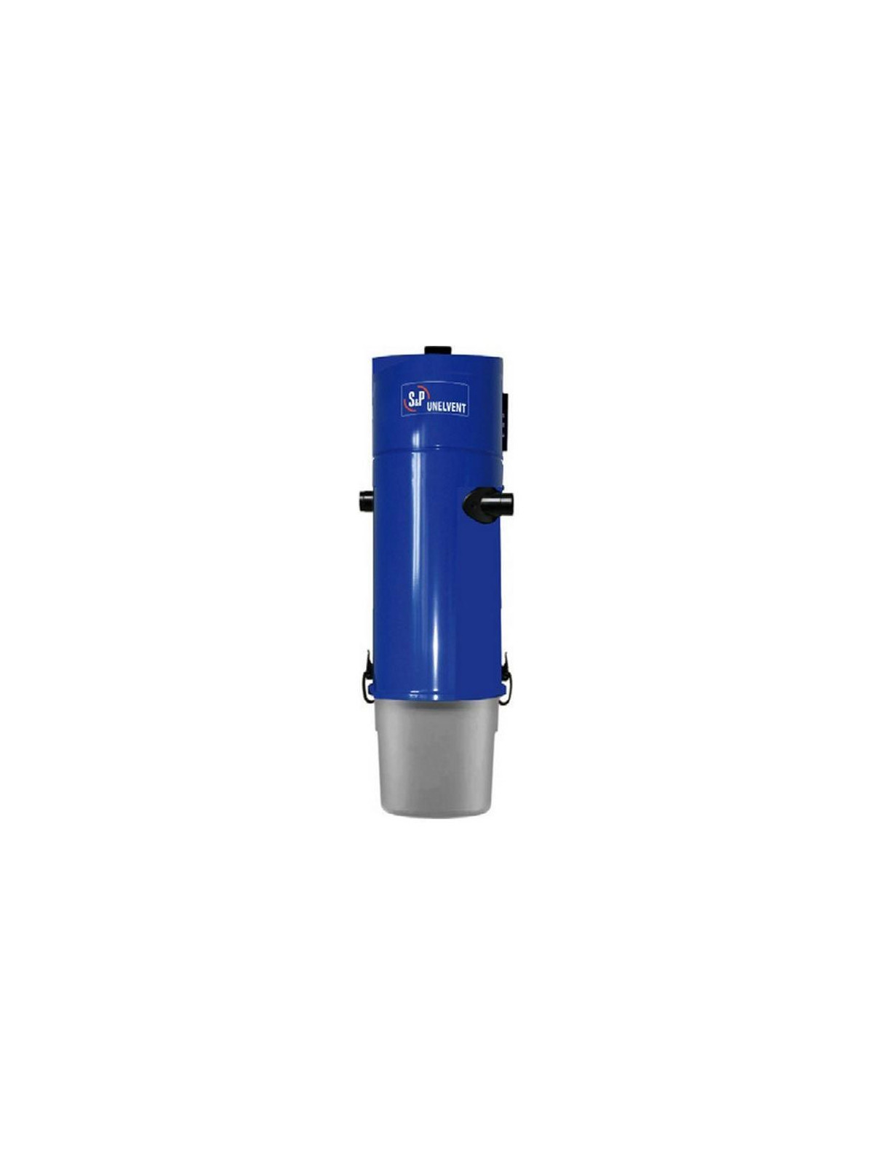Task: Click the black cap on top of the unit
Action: click(x=437, y=350)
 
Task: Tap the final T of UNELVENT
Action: click(x=464, y=409)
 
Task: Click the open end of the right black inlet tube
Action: click(x=509, y=504)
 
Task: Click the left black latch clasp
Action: click(x=367, y=679)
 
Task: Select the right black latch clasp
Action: click(x=506, y=679)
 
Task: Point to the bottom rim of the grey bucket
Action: click(x=436, y=813)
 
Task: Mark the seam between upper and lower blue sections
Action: click(x=436, y=453)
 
